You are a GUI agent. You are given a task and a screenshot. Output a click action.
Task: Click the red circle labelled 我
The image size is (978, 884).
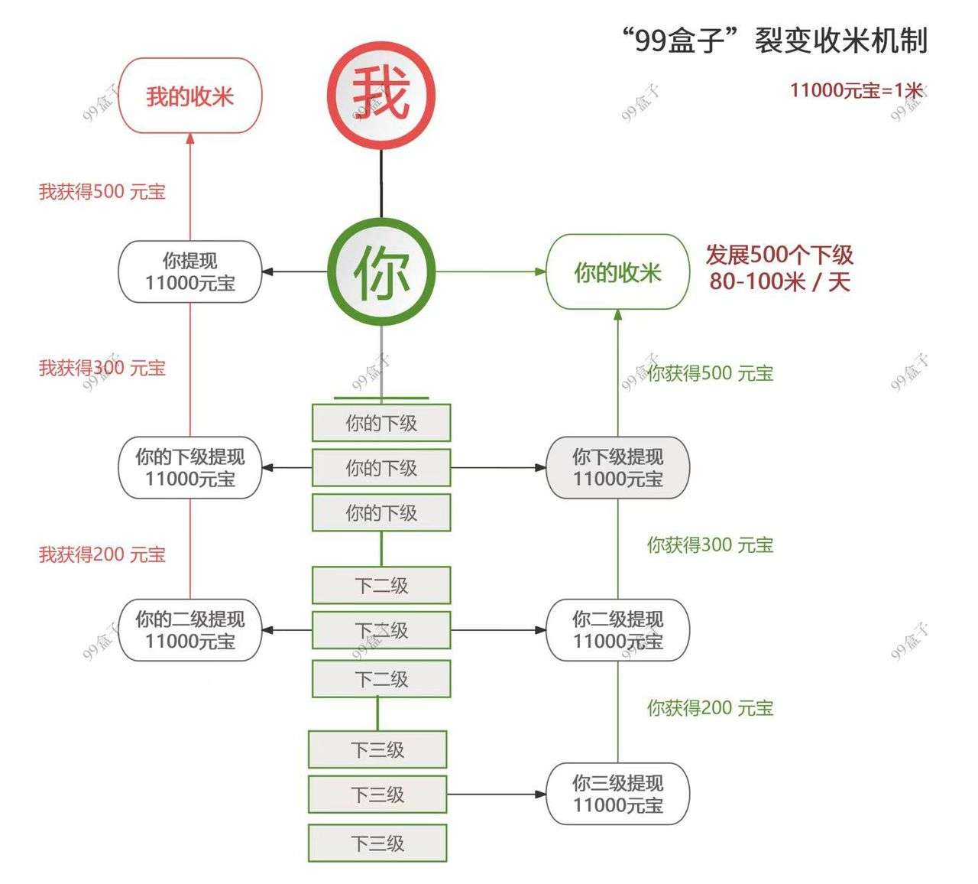tap(381, 95)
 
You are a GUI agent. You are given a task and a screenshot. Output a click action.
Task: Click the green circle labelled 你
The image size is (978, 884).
tap(381, 271)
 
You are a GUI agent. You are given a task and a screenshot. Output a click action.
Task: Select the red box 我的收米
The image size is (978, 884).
tap(189, 96)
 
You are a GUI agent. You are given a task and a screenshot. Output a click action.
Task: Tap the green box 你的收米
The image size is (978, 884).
tap(617, 272)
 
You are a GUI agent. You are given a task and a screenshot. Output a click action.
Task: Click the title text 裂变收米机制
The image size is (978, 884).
tap(840, 40)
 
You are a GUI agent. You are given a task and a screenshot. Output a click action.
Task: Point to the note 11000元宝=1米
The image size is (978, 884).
tap(856, 90)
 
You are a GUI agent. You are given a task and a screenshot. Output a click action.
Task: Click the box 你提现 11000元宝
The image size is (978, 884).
tap(189, 271)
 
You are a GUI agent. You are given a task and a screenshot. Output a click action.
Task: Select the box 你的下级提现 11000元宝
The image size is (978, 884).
tap(189, 467)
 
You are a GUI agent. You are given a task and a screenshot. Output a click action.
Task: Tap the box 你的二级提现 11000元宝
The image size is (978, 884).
tap(189, 630)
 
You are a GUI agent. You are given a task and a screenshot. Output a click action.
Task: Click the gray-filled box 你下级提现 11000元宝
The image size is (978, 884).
tap(617, 467)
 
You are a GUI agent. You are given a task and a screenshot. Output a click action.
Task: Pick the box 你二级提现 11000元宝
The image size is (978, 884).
tap(617, 630)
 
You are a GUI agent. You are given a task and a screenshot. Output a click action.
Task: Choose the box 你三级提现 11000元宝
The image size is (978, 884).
tap(617, 794)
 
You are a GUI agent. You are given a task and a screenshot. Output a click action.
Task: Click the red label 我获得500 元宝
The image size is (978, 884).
tap(102, 191)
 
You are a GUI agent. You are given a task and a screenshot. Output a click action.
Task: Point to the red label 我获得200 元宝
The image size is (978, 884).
tap(102, 554)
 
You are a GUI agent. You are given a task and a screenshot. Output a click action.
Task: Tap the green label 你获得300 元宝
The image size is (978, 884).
tap(710, 545)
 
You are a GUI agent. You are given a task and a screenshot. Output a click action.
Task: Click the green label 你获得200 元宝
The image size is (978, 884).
tap(710, 708)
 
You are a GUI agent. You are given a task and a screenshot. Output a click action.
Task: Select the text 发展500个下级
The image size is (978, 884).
tap(779, 255)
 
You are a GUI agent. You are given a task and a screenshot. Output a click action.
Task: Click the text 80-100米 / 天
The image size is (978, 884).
tap(779, 281)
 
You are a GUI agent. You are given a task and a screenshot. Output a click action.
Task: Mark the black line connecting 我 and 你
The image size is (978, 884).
tap(381, 184)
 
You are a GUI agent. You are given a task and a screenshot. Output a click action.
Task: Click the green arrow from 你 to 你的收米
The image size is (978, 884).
tap(489, 271)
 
